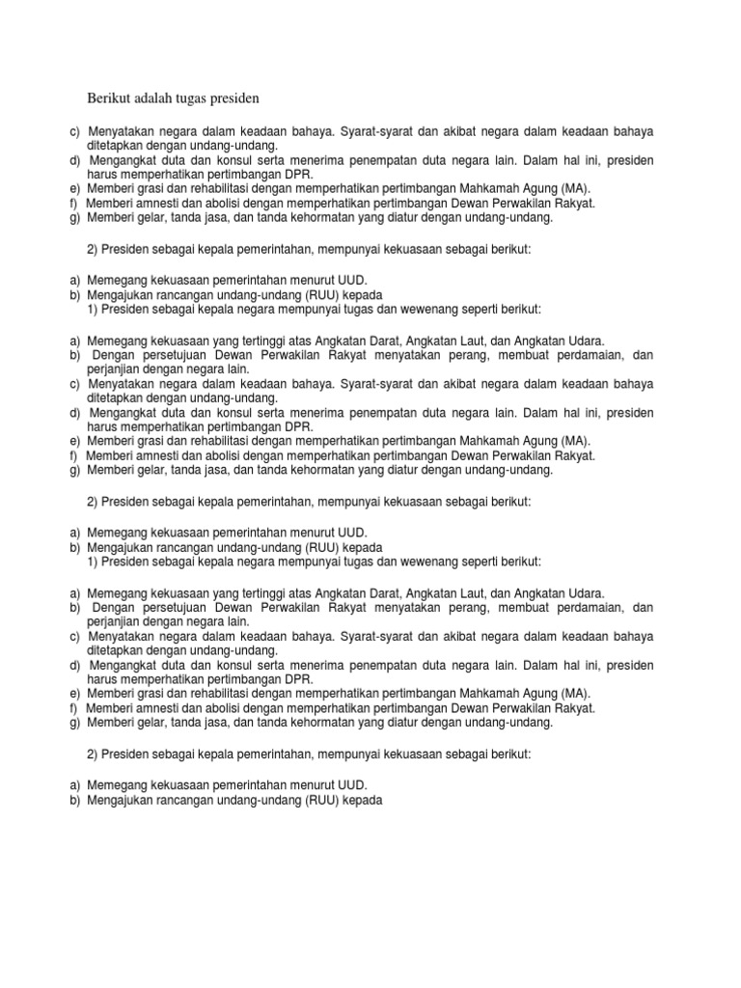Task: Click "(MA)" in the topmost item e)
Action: click(571, 189)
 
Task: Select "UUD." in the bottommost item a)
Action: click(350, 786)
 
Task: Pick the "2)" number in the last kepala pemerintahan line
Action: click(94, 755)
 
